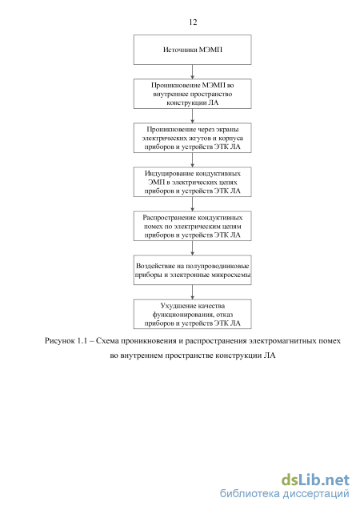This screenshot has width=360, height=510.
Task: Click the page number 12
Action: point(193,22)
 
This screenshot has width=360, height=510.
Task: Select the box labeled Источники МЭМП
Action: point(192,50)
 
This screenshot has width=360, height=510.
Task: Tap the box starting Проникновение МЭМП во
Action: point(192,94)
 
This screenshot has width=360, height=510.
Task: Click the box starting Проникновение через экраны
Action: point(192,138)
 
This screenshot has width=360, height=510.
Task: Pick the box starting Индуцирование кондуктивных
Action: point(192,182)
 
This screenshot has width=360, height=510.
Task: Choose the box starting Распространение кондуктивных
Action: point(192,226)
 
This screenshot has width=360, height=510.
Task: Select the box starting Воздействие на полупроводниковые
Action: point(192,270)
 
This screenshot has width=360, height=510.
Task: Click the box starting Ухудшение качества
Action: point(192,314)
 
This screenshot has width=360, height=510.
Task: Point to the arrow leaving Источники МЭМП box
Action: point(192,71)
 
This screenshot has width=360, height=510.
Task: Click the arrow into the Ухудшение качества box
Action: point(192,292)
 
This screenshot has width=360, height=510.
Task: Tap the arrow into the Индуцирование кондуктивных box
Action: point(192,160)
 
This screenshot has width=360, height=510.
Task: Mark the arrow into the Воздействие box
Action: point(192,248)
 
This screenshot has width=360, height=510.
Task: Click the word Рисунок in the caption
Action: point(60,341)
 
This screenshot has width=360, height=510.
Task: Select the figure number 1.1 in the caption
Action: point(82,341)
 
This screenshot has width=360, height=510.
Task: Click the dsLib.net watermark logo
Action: point(315,480)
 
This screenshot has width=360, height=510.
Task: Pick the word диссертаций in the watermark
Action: point(316,494)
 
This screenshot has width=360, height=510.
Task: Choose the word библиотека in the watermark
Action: point(250,493)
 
